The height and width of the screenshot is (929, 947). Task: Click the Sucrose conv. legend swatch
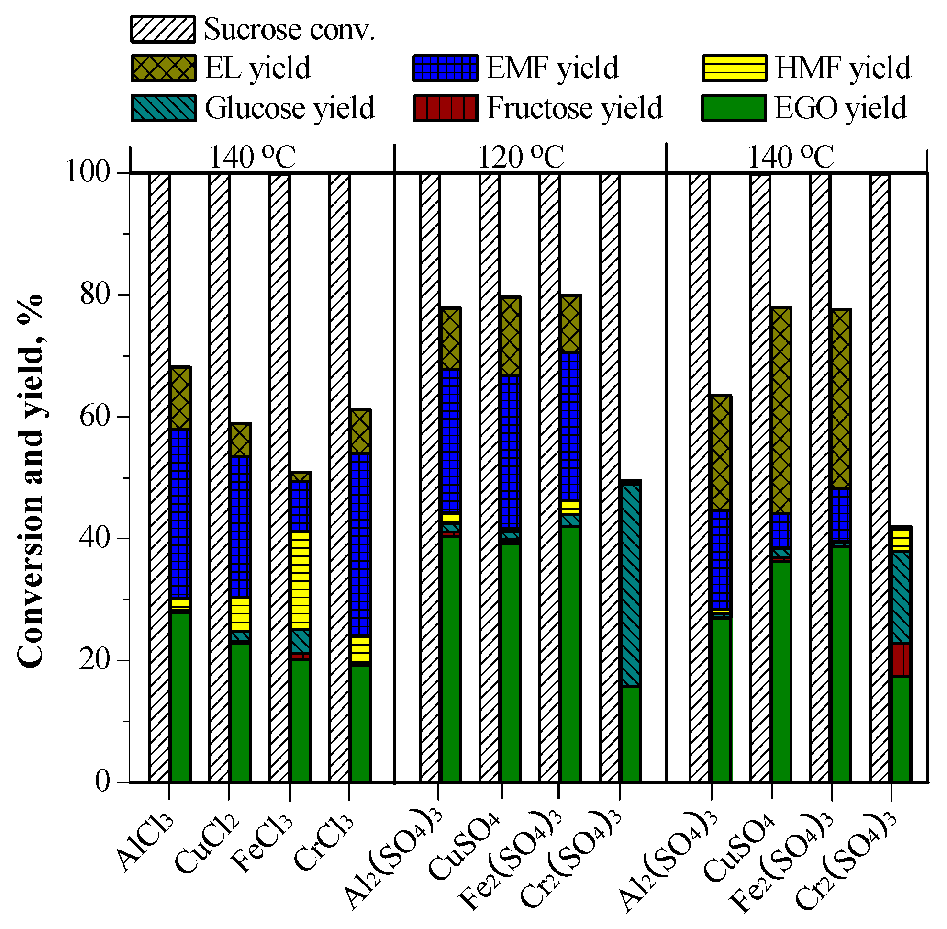point(163,29)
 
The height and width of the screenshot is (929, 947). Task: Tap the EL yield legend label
point(257,68)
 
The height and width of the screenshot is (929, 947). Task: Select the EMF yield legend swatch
point(445,68)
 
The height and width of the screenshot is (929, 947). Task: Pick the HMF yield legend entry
point(842,68)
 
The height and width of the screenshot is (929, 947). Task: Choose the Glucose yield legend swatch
point(163,108)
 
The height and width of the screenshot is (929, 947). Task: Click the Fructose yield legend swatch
point(445,108)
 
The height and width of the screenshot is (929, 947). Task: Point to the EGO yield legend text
point(840,108)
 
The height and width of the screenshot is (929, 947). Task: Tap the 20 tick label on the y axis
point(95,660)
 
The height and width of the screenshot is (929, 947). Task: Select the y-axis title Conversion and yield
point(30,481)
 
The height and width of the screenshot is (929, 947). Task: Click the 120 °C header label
point(521,158)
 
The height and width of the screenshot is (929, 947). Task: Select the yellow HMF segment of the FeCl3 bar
point(301,579)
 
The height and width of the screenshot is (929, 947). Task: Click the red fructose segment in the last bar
point(901,660)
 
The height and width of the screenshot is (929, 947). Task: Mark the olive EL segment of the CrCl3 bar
point(360,431)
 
